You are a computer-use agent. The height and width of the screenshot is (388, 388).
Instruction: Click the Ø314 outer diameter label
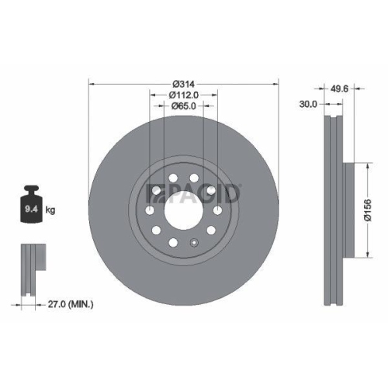coord(183,83)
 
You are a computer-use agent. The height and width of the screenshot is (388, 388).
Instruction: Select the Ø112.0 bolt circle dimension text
coord(184,95)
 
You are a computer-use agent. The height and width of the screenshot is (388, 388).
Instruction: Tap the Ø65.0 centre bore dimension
coord(183,106)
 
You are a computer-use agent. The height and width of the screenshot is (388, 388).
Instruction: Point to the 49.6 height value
coord(338,88)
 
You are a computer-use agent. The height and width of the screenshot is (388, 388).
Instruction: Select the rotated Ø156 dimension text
coord(378,210)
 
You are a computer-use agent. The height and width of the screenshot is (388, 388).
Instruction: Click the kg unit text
coord(49,210)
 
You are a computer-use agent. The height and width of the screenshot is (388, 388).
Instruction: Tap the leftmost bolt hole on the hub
coord(150,211)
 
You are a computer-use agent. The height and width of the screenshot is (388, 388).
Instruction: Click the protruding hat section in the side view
coord(348,210)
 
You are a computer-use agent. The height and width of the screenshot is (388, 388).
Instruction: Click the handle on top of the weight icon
coord(32,189)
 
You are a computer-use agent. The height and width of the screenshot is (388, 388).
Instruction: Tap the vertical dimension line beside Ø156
coord(365,210)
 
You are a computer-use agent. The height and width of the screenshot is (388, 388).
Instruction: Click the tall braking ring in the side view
coord(333,210)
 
